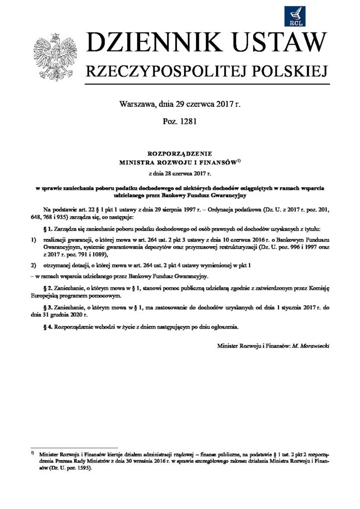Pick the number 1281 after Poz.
[x=188, y=122]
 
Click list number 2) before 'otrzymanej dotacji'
[x=33, y=265]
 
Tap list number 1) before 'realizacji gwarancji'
[x=33, y=240]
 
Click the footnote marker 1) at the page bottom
[x=32, y=453]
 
